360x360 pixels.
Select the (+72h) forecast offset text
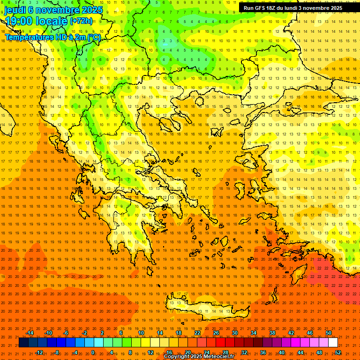point(81,21)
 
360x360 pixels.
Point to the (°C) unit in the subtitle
point(93,37)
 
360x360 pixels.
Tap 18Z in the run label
point(271,8)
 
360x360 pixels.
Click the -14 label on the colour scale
point(30,333)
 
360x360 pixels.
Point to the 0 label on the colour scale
point(93,352)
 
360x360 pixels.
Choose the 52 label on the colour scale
point(338,352)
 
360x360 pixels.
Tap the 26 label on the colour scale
point(216,333)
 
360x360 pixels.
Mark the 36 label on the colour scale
point(262,352)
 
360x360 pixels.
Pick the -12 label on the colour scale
point(39,352)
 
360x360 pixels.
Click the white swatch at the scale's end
point(333,343)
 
